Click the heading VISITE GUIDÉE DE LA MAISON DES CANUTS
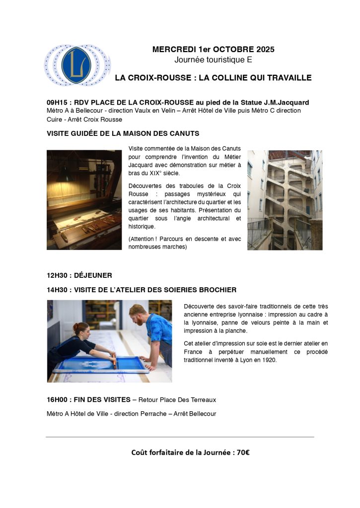(x=123, y=134)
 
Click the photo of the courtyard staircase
(x=285, y=200)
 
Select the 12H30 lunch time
(x=58, y=275)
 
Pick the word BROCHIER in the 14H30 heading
(x=215, y=290)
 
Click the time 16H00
(x=58, y=399)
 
